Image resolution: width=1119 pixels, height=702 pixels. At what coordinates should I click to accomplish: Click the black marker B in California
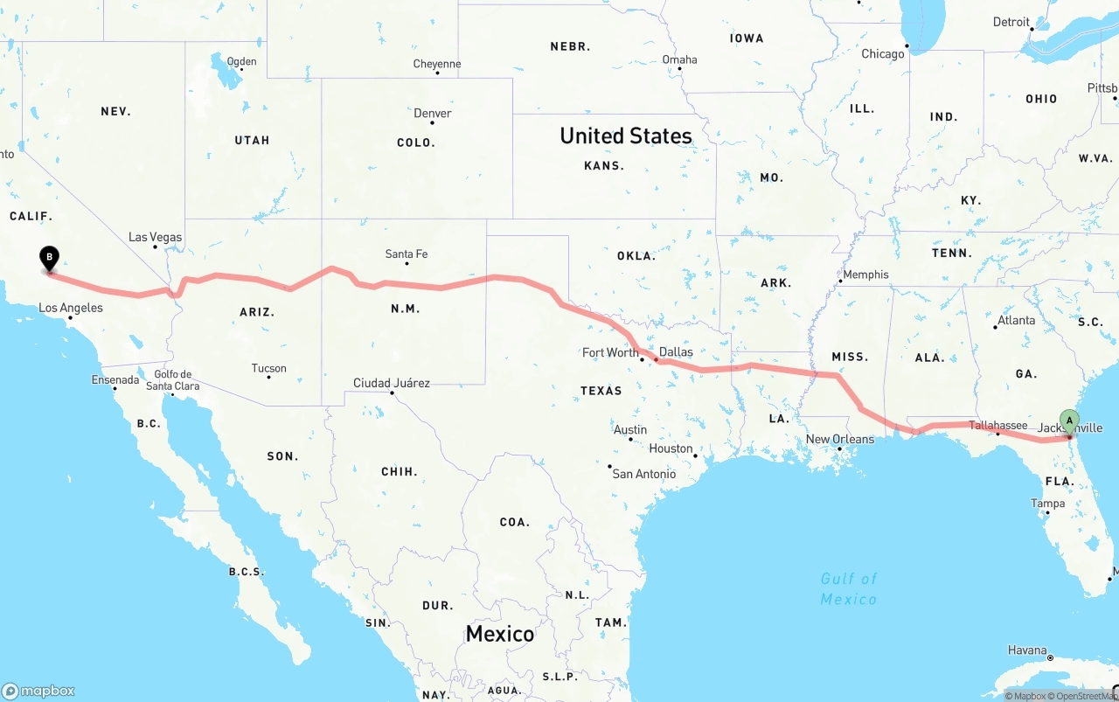pyautogui.click(x=50, y=259)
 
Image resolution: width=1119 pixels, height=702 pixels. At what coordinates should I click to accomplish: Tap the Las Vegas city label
pyautogui.click(x=155, y=237)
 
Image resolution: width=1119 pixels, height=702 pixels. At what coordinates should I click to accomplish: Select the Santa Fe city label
pyautogui.click(x=407, y=254)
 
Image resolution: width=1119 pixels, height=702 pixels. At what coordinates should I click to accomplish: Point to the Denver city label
pyautogui.click(x=433, y=114)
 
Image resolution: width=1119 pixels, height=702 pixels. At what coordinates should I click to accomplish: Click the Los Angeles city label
pyautogui.click(x=71, y=308)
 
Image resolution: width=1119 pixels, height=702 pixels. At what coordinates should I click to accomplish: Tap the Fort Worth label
pyautogui.click(x=610, y=352)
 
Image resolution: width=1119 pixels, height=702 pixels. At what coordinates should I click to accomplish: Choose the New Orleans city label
pyautogui.click(x=839, y=439)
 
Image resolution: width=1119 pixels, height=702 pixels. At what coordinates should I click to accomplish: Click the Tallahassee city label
pyautogui.click(x=997, y=425)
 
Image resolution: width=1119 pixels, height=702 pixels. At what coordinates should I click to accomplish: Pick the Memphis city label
pyautogui.click(x=865, y=275)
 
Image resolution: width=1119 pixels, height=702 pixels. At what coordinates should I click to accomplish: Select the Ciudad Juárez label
pyautogui.click(x=391, y=383)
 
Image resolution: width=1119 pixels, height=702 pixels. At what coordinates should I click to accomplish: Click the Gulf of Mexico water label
pyautogui.click(x=848, y=588)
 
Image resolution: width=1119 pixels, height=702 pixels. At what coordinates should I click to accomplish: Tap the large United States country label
pyautogui.click(x=625, y=136)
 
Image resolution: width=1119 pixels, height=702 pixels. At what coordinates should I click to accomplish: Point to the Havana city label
pyautogui.click(x=1027, y=650)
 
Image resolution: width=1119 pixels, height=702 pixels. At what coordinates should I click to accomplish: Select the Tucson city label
pyautogui.click(x=268, y=368)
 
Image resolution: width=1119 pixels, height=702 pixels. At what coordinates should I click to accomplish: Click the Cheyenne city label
pyautogui.click(x=437, y=64)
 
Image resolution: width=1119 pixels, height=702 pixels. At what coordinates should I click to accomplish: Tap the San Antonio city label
pyautogui.click(x=643, y=474)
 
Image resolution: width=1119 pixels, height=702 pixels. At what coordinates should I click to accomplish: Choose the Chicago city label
pyautogui.click(x=883, y=54)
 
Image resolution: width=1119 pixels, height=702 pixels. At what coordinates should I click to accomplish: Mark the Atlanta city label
pyautogui.click(x=1016, y=320)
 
